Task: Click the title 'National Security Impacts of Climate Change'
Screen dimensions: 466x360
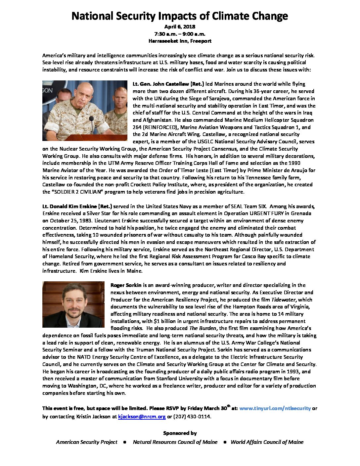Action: click(x=180, y=16)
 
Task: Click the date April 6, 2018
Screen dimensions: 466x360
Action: click(x=180, y=26)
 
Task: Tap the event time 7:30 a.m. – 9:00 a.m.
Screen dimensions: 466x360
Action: click(x=180, y=34)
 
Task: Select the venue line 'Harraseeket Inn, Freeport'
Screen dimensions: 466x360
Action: click(x=180, y=41)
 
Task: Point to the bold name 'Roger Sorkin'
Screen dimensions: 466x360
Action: click(x=126, y=285)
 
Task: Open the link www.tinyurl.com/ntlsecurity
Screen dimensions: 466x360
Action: click(x=275, y=408)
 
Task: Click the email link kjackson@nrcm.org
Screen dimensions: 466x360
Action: click(x=142, y=417)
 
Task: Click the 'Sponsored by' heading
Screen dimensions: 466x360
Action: click(x=180, y=433)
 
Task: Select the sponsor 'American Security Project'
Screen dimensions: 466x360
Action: click(x=87, y=442)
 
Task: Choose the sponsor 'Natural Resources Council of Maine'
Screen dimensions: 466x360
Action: click(x=175, y=442)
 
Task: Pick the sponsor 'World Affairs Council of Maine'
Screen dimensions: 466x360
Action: click(x=267, y=442)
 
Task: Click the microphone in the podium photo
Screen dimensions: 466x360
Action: click(x=91, y=118)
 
